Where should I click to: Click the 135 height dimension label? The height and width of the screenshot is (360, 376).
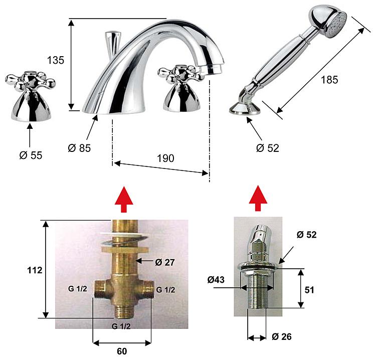pyautogui.click(x=56, y=60)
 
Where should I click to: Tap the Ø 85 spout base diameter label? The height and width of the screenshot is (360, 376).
pyautogui.click(x=79, y=148)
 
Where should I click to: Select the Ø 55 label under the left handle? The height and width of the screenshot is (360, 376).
pyautogui.click(x=31, y=155)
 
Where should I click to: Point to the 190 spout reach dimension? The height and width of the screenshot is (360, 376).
pyautogui.click(x=165, y=158)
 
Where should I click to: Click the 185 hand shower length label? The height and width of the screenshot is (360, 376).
pyautogui.click(x=329, y=80)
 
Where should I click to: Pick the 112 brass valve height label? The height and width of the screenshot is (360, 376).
pyautogui.click(x=35, y=270)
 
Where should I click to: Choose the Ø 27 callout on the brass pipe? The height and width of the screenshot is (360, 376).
pyautogui.click(x=165, y=262)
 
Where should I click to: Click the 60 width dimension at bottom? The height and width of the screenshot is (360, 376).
pyautogui.click(x=122, y=351)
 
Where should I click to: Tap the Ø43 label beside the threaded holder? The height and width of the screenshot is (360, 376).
pyautogui.click(x=216, y=279)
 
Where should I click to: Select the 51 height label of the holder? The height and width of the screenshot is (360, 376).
pyautogui.click(x=309, y=290)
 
